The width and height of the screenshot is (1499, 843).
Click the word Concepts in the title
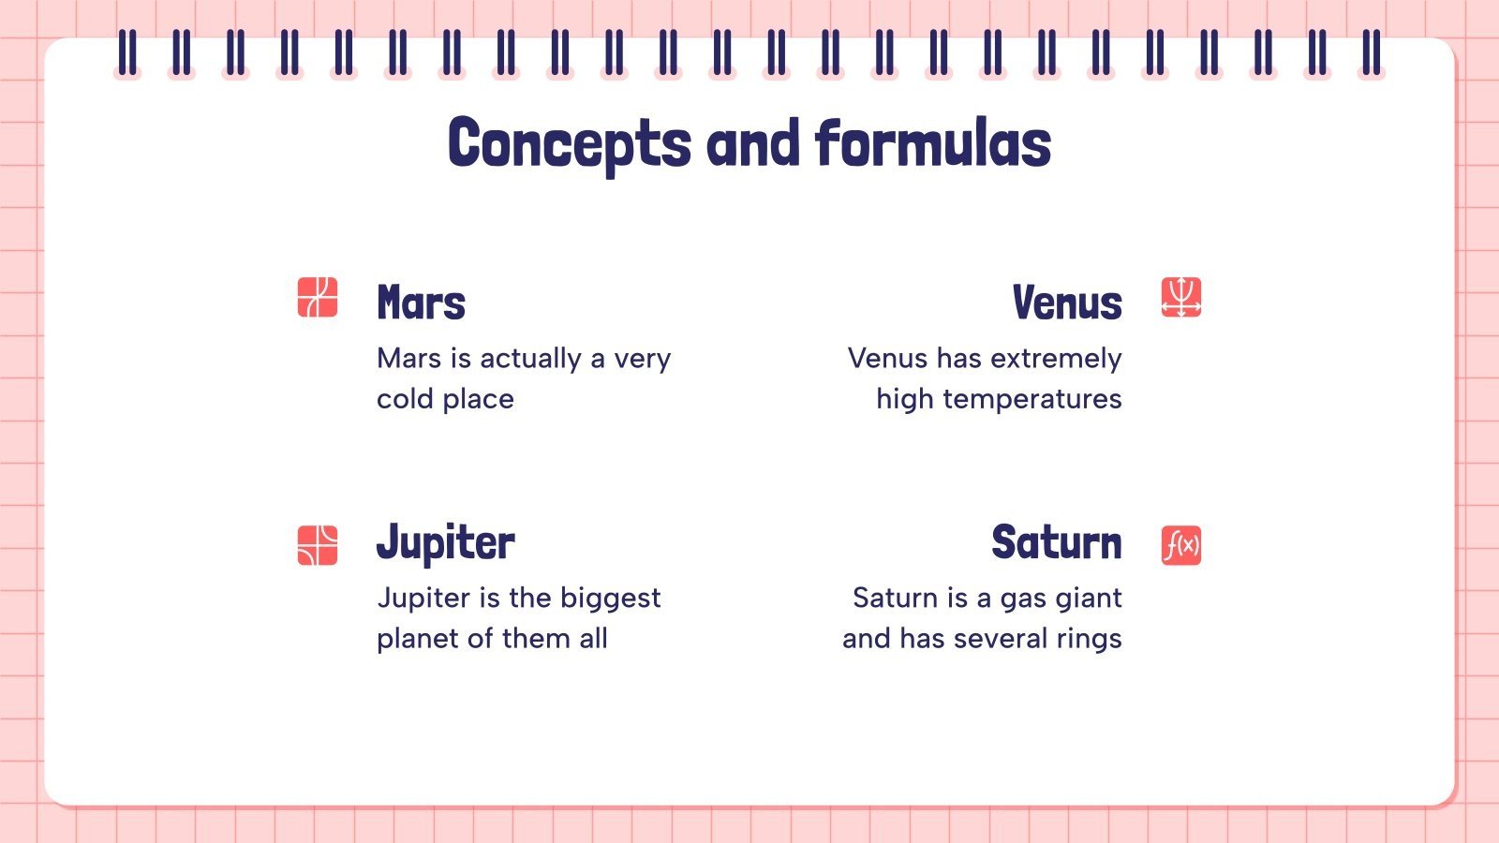(x=570, y=145)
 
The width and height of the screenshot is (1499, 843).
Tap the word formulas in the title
(x=933, y=143)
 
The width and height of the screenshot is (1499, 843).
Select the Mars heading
(x=421, y=303)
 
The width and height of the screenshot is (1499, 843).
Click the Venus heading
(x=1066, y=303)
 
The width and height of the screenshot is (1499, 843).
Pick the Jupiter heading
(x=445, y=543)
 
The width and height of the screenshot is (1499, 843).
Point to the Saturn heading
(x=1056, y=543)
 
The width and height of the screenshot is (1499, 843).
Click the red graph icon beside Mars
(x=318, y=298)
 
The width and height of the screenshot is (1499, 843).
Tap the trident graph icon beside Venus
(x=1180, y=298)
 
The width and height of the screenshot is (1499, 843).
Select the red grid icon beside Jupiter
(x=318, y=545)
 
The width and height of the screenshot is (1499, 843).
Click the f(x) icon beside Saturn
(x=1180, y=545)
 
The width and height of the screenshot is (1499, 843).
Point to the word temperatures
(x=1031, y=400)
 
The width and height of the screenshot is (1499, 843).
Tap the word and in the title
(x=753, y=143)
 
